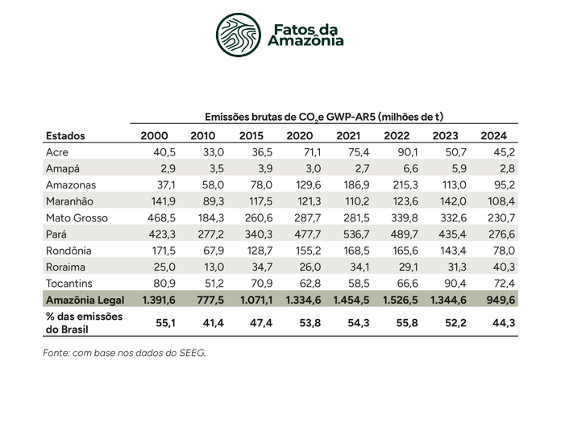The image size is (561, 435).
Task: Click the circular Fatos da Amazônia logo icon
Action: [x=239, y=35]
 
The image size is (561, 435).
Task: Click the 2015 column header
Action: [x=251, y=136]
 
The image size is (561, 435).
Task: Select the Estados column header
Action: [x=65, y=136]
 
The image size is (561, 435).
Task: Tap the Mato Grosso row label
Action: [x=77, y=218]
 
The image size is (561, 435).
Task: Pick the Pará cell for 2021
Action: [x=351, y=234]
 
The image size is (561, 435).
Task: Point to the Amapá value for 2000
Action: [x=168, y=168]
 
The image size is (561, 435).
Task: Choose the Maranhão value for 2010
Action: [x=214, y=201]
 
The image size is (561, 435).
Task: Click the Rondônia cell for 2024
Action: [x=504, y=251]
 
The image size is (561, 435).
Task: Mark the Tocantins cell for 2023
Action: [x=455, y=284]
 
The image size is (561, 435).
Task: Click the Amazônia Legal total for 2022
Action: [x=401, y=300]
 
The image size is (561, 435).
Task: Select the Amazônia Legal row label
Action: [x=85, y=300]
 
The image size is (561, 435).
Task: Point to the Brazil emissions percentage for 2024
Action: [x=504, y=323]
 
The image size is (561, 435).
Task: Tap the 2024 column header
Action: [x=494, y=136]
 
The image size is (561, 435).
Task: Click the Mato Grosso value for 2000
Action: [x=162, y=218]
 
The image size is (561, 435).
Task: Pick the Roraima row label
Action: [x=65, y=267]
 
